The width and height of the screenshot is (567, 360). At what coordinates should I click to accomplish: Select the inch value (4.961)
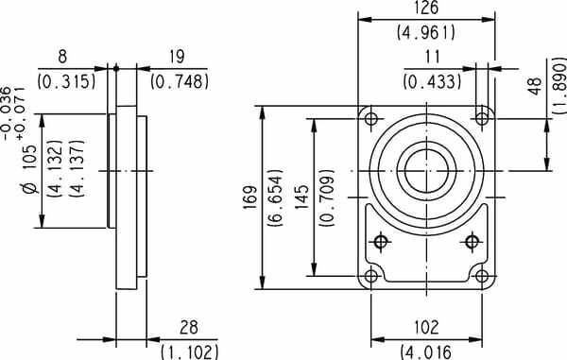(425, 32)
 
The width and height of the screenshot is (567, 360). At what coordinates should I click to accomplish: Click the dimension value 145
(301, 198)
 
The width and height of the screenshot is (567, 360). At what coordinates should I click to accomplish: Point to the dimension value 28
(187, 328)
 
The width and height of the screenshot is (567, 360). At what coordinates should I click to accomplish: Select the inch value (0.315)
(67, 81)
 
